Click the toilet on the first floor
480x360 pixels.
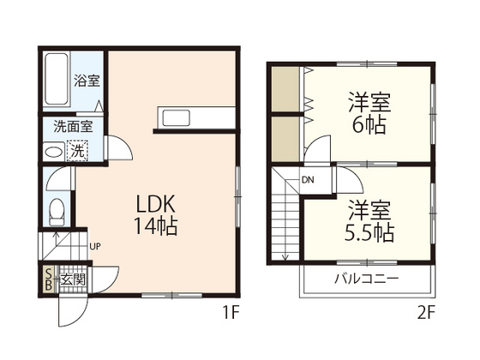tap(57, 208)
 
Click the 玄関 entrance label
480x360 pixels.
tap(73, 279)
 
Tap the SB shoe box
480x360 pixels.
tap(49, 279)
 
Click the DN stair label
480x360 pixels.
tap(306, 180)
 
